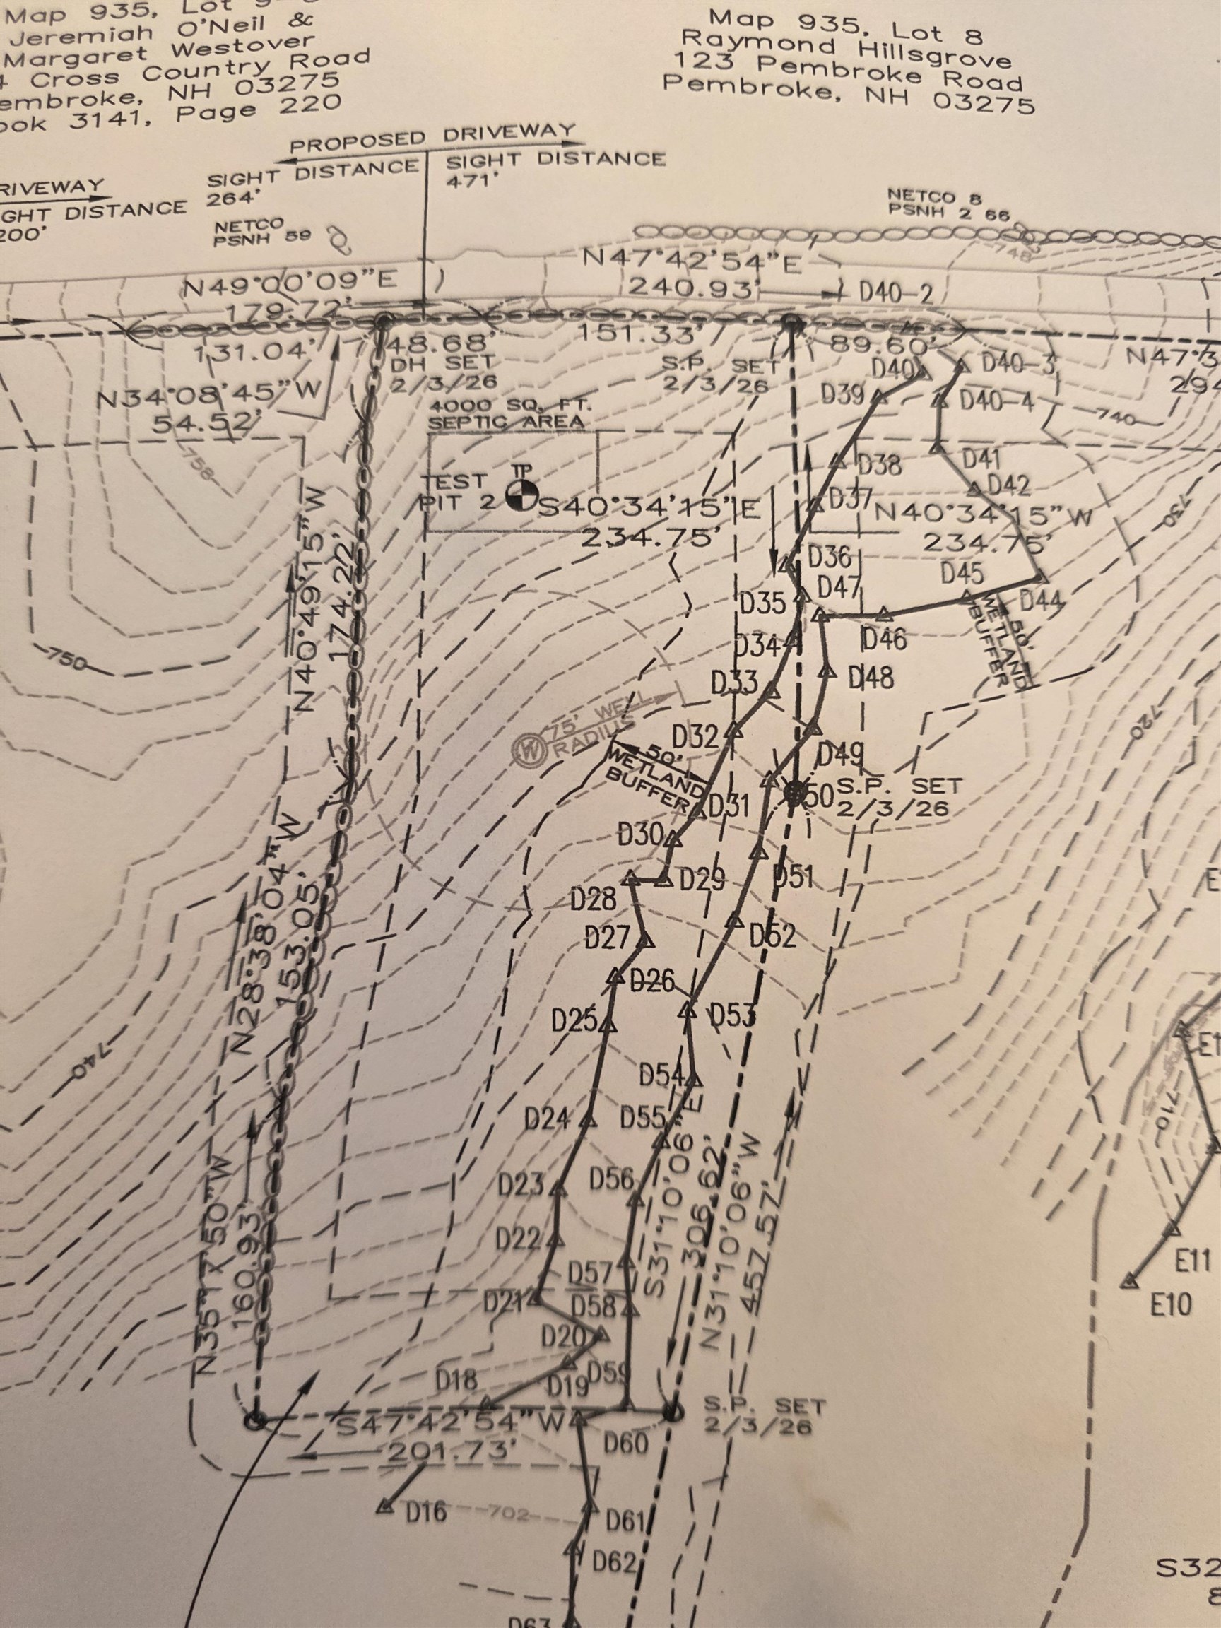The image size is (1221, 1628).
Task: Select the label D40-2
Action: click(x=897, y=295)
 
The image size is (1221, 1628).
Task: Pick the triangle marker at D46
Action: click(x=886, y=613)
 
